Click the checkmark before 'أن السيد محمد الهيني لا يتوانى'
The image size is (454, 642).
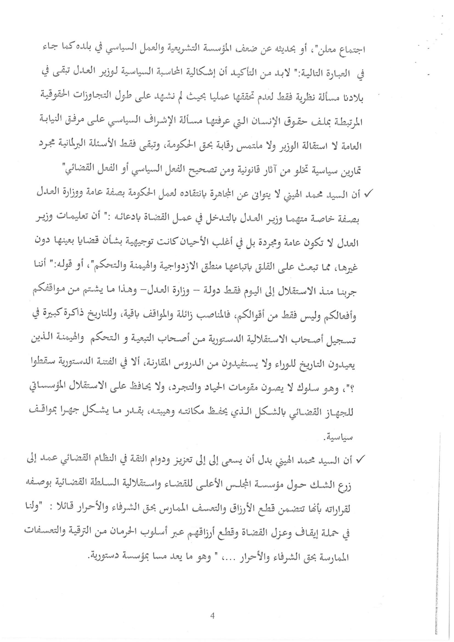366,194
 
